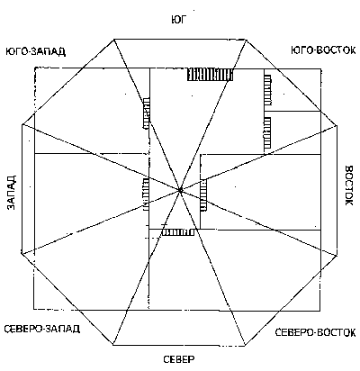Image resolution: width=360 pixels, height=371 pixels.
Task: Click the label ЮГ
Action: click(x=179, y=20)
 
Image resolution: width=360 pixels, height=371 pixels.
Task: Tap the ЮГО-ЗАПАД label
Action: click(x=36, y=51)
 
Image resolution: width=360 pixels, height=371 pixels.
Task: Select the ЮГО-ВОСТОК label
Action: click(x=323, y=50)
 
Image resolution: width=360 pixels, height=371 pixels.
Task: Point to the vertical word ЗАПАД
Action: click(x=11, y=193)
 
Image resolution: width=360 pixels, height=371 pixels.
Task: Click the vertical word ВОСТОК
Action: click(x=350, y=185)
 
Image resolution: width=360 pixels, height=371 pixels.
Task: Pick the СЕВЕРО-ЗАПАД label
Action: click(x=42, y=329)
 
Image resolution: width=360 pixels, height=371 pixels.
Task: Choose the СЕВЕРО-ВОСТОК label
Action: click(x=315, y=332)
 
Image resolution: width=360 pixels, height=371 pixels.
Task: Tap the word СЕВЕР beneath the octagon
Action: click(x=179, y=359)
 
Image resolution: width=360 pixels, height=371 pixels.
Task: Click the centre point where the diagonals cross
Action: click(x=180, y=190)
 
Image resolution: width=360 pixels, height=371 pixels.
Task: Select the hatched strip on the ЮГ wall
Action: click(x=210, y=74)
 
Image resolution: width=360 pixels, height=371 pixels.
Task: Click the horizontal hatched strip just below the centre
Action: click(x=178, y=232)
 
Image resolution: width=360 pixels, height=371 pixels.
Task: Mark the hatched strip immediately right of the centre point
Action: click(x=203, y=195)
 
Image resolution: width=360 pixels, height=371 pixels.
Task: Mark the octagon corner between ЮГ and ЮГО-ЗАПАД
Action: click(x=114, y=39)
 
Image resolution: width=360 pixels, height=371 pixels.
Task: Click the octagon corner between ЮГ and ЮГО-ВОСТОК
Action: click(x=246, y=40)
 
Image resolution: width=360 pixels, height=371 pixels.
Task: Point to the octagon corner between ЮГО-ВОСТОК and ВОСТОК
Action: click(x=337, y=125)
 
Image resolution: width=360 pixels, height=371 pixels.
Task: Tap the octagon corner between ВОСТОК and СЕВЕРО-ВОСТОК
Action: click(x=337, y=255)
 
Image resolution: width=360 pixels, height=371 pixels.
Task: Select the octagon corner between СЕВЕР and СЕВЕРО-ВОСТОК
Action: click(x=245, y=345)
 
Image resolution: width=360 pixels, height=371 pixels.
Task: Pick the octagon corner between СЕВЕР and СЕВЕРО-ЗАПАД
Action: click(x=113, y=345)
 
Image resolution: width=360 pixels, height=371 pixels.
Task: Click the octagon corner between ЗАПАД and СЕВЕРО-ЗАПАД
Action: click(x=22, y=255)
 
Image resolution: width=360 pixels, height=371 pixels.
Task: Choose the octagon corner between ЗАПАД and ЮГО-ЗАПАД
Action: click(x=22, y=124)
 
